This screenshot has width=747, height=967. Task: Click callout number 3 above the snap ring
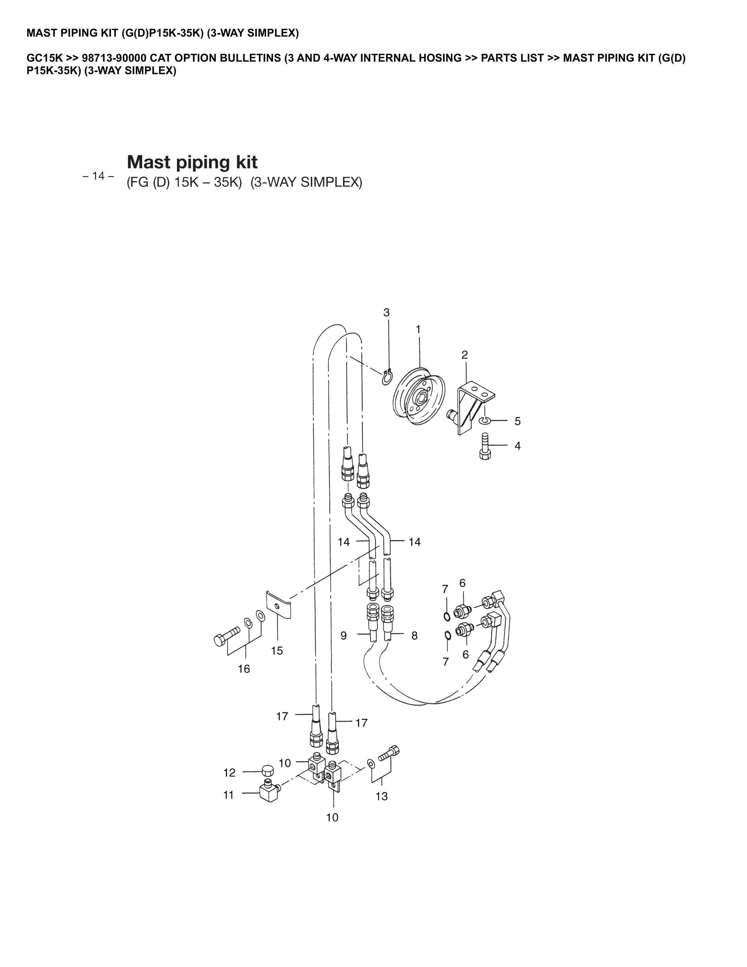[x=386, y=313]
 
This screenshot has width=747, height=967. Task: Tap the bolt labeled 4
[x=485, y=447]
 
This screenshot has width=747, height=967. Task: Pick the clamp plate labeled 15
[x=278, y=605]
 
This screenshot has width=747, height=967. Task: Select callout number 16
[x=244, y=668]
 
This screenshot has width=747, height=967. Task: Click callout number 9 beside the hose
[x=343, y=636]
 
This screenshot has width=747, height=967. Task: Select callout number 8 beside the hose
[x=414, y=636]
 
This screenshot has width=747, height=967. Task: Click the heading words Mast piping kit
[x=192, y=162]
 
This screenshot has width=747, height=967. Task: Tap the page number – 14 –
[x=98, y=176]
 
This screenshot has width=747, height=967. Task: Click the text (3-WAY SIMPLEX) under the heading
[x=306, y=183]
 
